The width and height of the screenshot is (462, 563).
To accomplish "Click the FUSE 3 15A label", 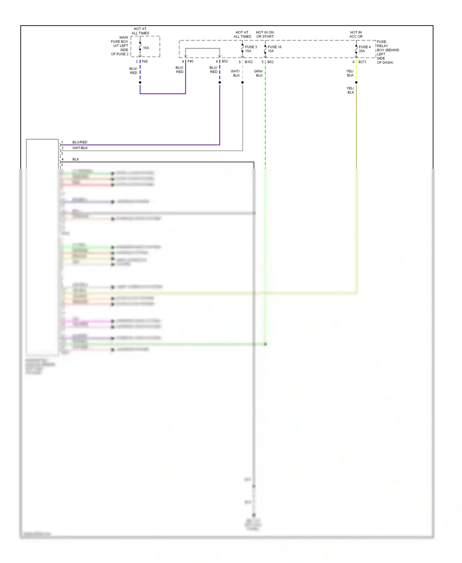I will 251,49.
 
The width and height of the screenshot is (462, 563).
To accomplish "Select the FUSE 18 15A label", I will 274,49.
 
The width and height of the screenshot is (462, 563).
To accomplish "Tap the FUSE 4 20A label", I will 364,49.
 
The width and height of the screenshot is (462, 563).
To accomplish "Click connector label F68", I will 145,62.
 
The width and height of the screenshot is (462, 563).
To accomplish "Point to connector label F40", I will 190,62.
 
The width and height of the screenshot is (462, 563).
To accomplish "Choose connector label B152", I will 249,62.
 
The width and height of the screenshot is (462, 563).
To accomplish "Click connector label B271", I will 362,62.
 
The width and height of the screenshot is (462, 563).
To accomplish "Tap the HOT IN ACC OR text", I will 356,34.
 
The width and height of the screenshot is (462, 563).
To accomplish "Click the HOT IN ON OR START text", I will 265,34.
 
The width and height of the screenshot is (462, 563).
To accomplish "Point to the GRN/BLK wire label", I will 258,73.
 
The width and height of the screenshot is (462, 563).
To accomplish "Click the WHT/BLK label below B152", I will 235,73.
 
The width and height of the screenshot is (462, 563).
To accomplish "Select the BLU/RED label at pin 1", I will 80,142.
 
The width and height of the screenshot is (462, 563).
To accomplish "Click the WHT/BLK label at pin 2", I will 80,148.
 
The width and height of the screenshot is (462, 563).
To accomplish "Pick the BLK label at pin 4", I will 76,160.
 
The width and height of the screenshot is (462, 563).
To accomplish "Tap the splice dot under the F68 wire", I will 140,83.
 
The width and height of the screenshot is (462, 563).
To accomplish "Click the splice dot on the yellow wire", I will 356,83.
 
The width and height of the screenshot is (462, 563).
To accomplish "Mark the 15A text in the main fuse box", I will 146,48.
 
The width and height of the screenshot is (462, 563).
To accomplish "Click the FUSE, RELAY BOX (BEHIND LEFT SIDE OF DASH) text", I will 387,52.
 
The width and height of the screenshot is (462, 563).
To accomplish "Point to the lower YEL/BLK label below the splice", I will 351,90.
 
